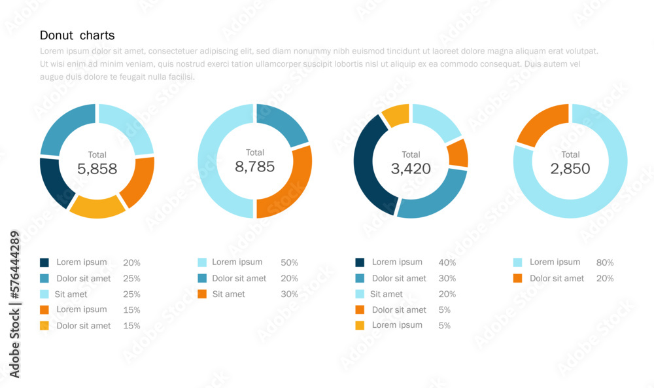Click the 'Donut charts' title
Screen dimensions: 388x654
click(x=77, y=35)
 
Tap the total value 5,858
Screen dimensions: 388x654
click(x=97, y=169)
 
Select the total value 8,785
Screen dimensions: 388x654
click(x=254, y=166)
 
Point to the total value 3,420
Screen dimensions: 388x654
click(x=411, y=169)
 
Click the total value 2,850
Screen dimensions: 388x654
click(x=570, y=169)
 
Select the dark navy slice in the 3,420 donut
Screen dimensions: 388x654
click(x=368, y=164)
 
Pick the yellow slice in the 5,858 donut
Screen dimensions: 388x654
click(x=97, y=206)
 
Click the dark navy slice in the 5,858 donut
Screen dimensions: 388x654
click(x=54, y=182)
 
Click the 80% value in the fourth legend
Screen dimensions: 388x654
click(x=605, y=262)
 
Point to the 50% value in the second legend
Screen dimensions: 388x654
click(x=289, y=262)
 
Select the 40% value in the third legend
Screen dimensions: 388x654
click(x=447, y=262)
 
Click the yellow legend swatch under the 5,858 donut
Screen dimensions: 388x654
click(x=44, y=325)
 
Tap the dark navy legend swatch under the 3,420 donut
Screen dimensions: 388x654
click(x=360, y=262)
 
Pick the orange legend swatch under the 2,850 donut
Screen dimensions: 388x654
click(x=518, y=278)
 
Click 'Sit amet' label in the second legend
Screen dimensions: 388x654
click(x=229, y=294)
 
